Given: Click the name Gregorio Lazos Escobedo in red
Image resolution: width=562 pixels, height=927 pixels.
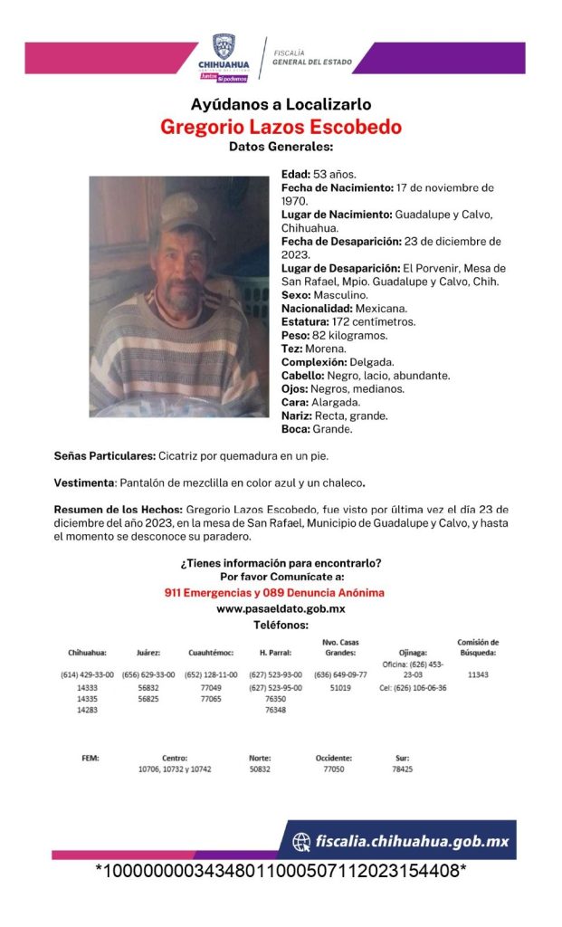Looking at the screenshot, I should (x=281, y=127).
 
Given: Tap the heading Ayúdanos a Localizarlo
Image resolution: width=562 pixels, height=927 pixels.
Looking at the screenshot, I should (x=281, y=104).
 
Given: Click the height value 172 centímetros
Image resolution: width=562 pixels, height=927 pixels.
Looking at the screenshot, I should (x=367, y=321).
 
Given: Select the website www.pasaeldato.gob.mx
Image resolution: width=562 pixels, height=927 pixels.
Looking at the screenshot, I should (x=281, y=608).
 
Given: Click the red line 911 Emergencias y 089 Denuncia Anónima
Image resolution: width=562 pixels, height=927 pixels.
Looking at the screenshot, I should (x=281, y=592).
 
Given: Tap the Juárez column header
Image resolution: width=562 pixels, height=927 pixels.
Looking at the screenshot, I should (x=148, y=652).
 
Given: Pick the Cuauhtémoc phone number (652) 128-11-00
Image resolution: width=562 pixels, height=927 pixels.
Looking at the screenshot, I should (x=212, y=675).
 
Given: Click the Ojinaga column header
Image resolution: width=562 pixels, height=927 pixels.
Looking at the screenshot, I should (x=412, y=652).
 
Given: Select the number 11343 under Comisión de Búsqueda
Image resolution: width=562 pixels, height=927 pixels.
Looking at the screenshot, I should (x=478, y=675).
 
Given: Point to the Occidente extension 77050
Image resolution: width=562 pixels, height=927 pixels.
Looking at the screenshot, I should (x=333, y=769).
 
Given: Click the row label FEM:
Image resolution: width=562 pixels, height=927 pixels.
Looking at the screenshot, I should (x=89, y=758).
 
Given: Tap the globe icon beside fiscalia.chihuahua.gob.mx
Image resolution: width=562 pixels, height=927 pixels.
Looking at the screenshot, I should (x=301, y=842).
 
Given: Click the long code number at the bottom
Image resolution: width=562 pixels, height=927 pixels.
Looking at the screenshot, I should (x=281, y=871).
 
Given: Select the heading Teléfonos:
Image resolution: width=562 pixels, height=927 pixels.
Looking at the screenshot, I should (x=281, y=625).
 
